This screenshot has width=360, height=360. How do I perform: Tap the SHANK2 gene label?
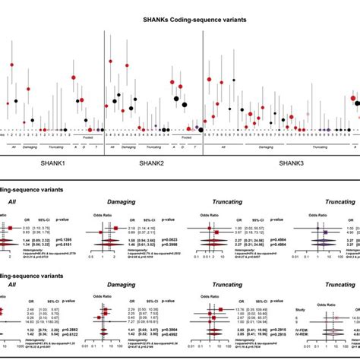click(x=152, y=163)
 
